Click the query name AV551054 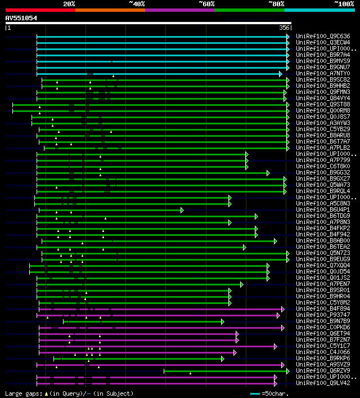point(21,18)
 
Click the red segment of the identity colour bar point(40,10)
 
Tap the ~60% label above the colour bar point(206,4)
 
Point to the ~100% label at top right point(343,4)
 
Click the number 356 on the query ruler point(285,28)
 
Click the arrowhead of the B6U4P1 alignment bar point(182,210)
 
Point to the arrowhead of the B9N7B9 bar point(223,321)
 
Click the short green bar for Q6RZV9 point(225,370)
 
